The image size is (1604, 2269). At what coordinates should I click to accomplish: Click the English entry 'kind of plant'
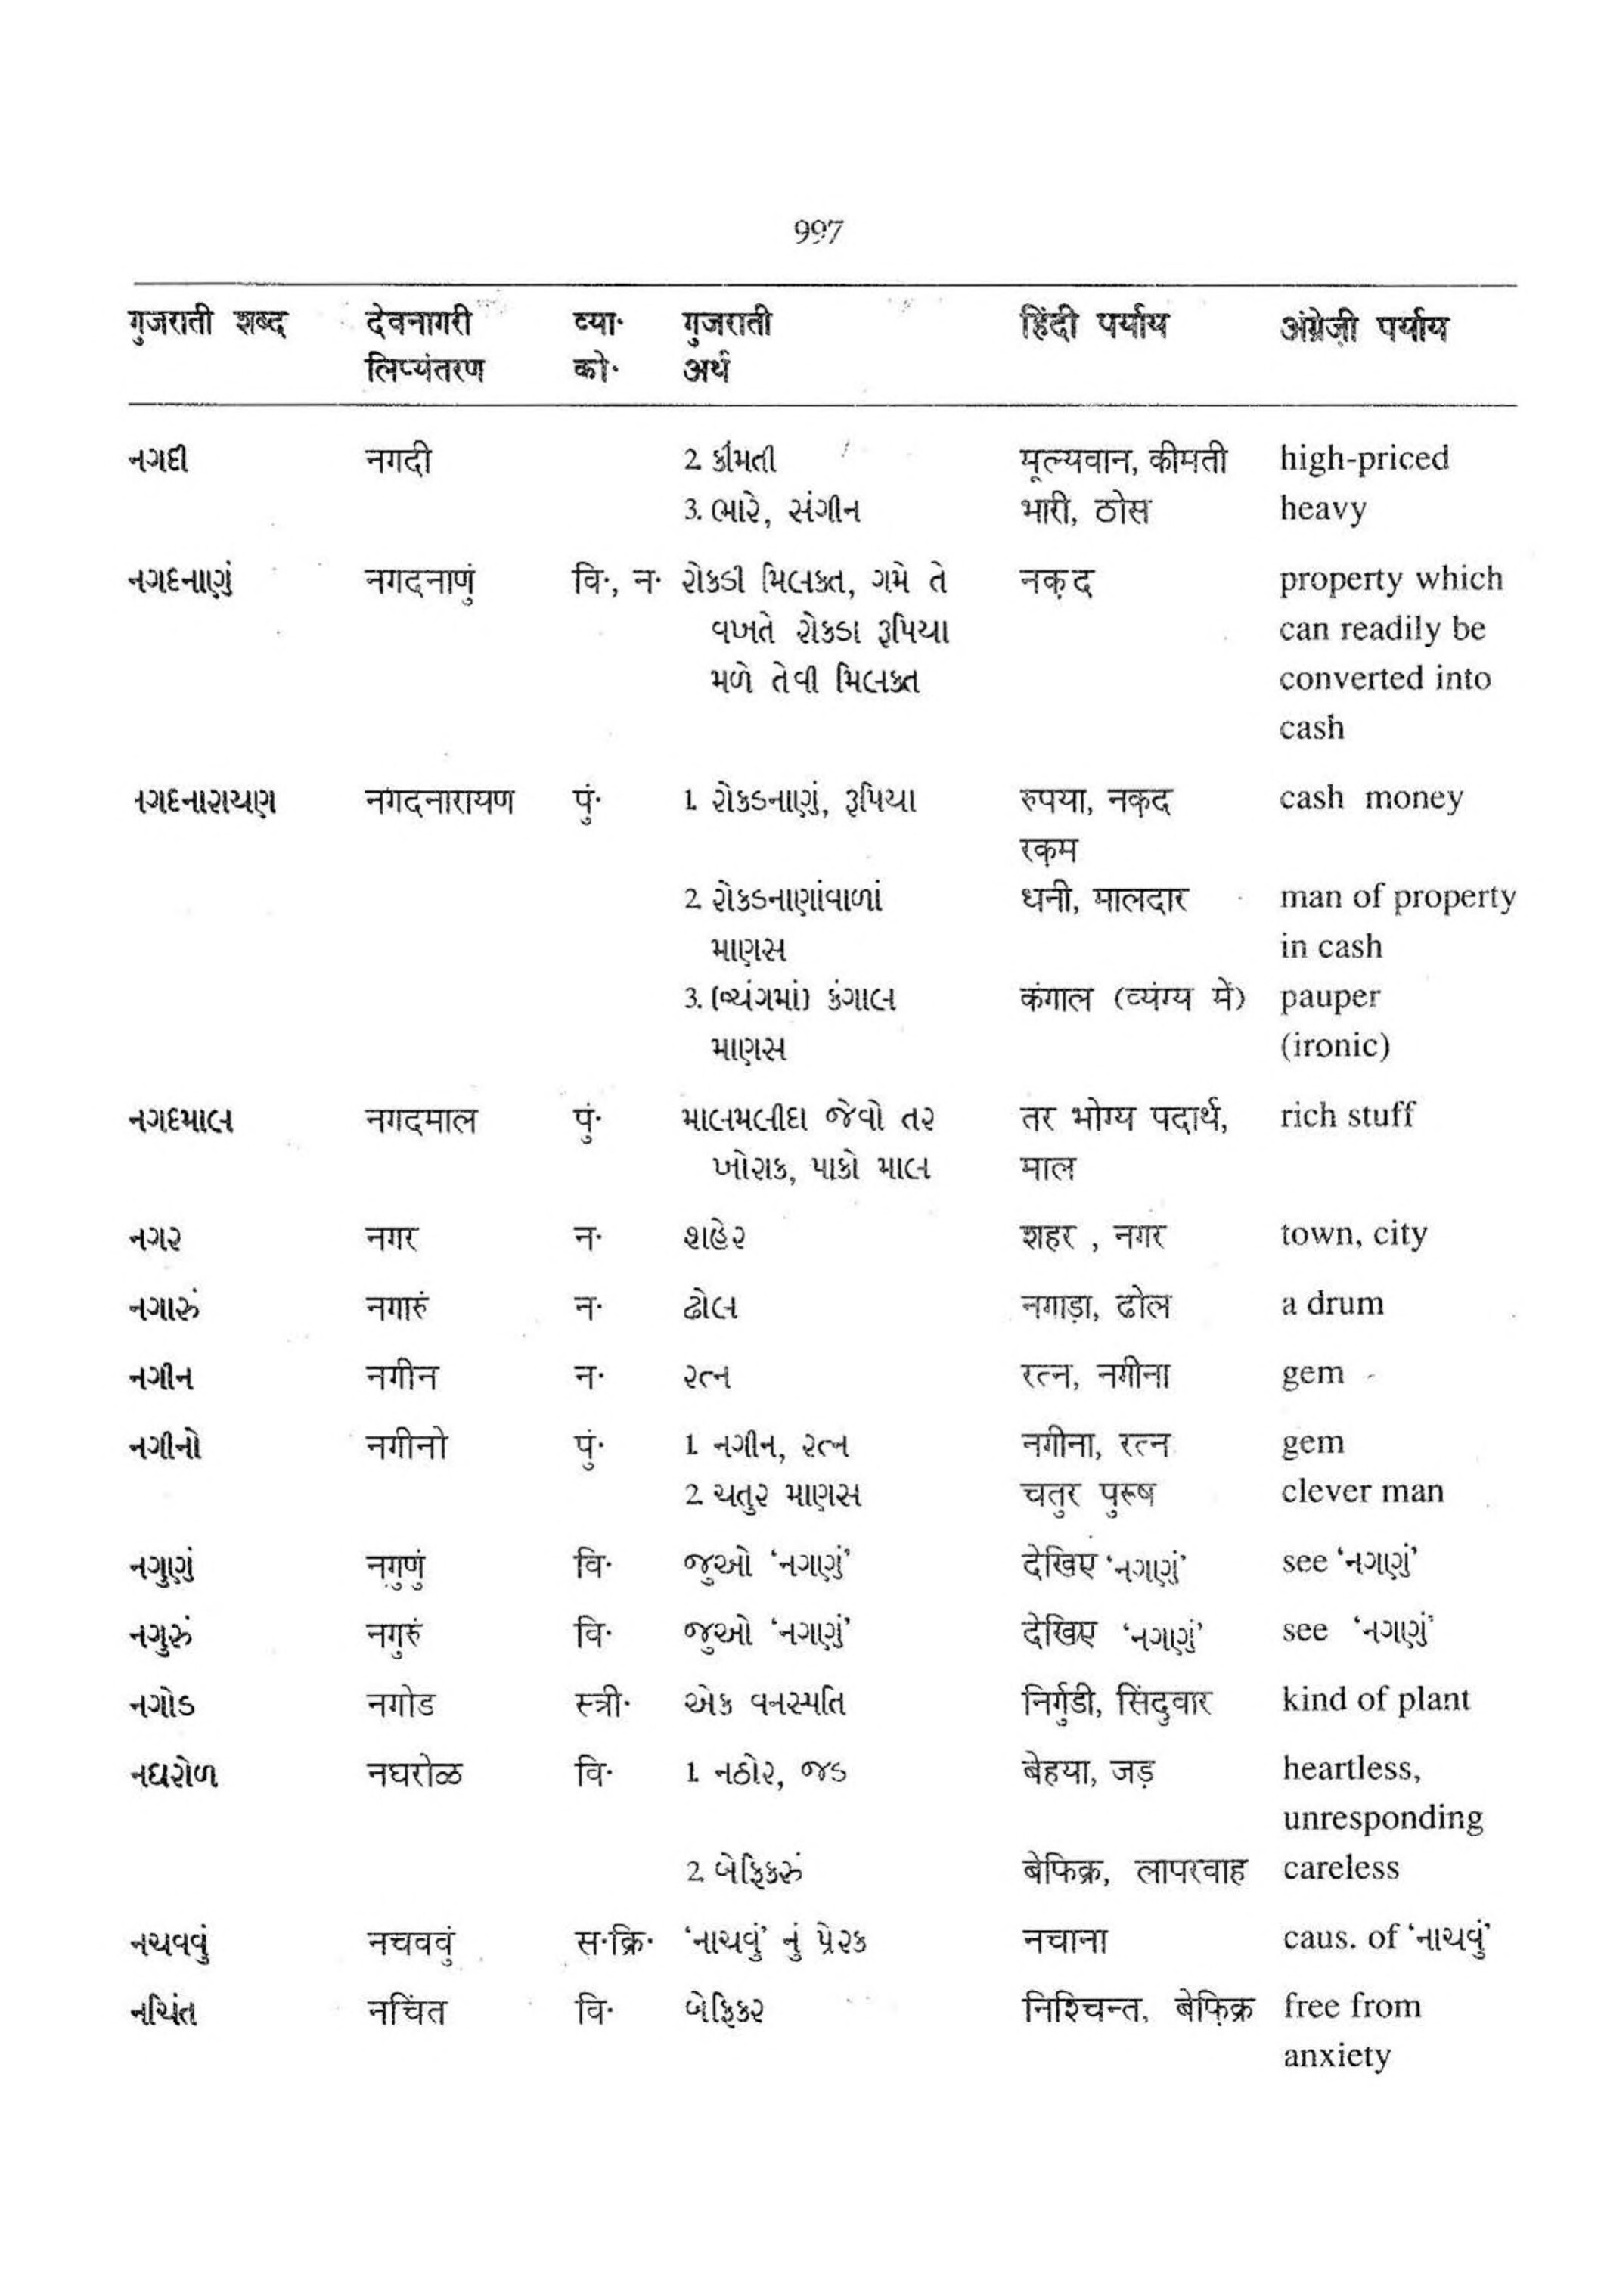(1376, 1699)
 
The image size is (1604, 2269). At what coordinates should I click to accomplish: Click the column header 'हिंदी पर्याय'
(1094, 324)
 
